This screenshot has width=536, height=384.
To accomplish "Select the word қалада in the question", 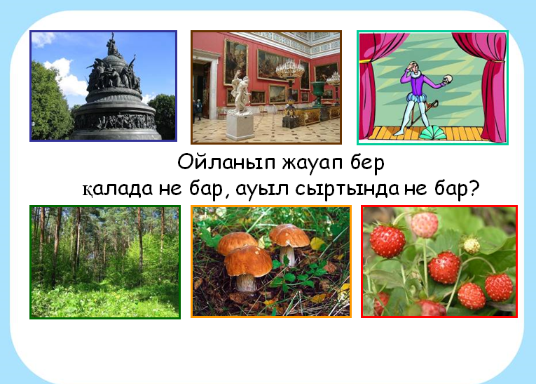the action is pos(117,188).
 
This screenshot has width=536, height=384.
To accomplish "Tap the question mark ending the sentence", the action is pos(474,187).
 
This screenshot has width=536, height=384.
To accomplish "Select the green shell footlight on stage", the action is pos(433,133).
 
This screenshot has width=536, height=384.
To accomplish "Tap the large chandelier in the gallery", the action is pos(290,69).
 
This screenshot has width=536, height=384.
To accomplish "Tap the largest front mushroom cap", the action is pos(248,261).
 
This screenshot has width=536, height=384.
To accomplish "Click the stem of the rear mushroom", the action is pos(289,256).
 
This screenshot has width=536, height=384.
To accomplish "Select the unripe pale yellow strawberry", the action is pos(472,245).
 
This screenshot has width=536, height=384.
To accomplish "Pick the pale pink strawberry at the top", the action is pos(424,225).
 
